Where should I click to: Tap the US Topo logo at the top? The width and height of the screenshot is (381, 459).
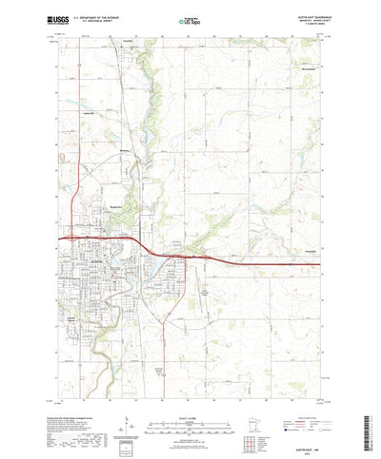coord(188,19)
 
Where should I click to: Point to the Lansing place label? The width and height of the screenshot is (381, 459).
coord(126,43)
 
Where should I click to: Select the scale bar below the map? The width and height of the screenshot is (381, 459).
coord(190,400)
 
